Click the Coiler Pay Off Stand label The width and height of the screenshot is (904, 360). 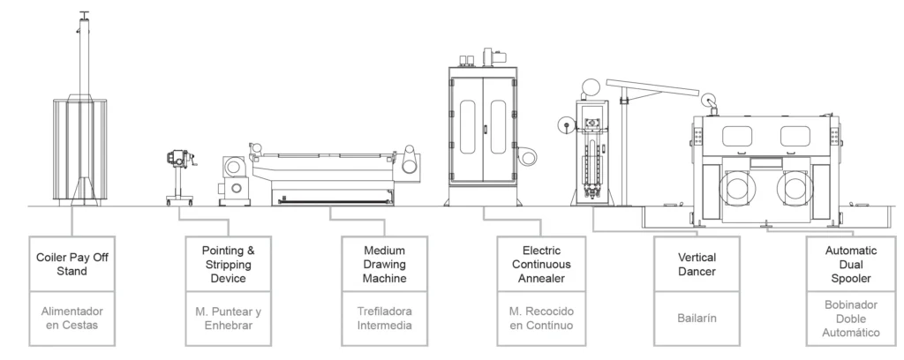pos(72,264)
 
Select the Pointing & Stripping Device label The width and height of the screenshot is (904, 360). pos(228,265)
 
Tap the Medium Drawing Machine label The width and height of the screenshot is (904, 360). pos(385,265)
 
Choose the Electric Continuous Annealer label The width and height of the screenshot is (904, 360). pos(541,265)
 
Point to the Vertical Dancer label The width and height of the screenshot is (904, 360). pos(697,264)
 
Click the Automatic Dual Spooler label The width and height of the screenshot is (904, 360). pos(851,265)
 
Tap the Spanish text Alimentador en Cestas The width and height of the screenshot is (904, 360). pos(72,318)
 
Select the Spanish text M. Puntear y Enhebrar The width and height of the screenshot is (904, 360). pos(228,318)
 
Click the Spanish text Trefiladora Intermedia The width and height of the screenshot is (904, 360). pos(385,318)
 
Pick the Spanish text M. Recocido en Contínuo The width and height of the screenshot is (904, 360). pos(541,318)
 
